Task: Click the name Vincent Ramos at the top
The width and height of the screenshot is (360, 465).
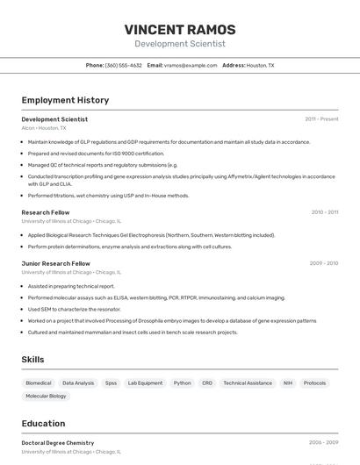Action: [180, 29]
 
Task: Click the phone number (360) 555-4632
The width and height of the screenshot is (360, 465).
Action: [123, 65]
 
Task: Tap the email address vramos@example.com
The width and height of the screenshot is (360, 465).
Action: [191, 65]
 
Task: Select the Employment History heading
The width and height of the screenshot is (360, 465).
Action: [65, 101]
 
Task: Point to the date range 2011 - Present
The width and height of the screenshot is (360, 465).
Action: [321, 119]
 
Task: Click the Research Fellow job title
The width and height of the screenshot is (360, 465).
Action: [46, 212]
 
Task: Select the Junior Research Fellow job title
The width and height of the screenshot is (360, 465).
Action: [55, 263]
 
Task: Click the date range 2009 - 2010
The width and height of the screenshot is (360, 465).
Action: [323, 263]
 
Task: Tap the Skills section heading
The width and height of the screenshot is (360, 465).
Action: [33, 360]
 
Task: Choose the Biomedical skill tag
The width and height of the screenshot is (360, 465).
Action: [39, 383]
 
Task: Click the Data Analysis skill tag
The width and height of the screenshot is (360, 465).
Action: [78, 383]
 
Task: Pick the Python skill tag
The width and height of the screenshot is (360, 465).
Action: [182, 383]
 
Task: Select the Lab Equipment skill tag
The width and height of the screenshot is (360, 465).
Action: [145, 383]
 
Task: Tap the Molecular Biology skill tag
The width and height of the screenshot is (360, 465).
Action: [46, 397]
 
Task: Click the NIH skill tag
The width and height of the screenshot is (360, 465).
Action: [287, 383]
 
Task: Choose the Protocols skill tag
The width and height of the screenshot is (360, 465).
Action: [314, 383]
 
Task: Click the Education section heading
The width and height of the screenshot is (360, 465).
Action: [43, 423]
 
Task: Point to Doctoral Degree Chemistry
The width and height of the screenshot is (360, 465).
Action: [58, 443]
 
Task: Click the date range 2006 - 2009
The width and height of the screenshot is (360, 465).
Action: [323, 443]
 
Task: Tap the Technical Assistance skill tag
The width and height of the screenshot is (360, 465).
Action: [248, 383]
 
